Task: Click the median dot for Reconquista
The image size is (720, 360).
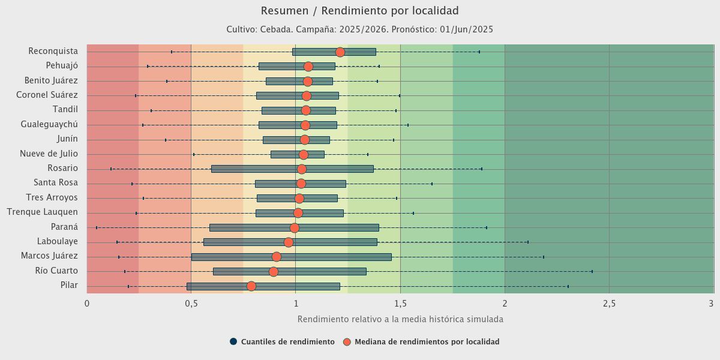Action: pos(340,52)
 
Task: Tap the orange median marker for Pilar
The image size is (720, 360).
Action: pos(251,286)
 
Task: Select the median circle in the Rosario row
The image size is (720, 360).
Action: pos(302,169)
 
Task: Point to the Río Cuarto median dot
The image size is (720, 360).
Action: pos(274,271)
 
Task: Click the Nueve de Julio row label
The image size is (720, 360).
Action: pos(49,154)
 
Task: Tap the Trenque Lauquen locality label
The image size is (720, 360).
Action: pos(42,212)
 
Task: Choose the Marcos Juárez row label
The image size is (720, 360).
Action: pos(49,256)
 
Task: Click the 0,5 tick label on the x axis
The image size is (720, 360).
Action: pos(191,304)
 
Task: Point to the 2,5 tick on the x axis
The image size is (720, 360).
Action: pos(609,304)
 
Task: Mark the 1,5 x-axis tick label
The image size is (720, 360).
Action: pos(400,304)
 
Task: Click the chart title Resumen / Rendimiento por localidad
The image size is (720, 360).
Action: pos(360,11)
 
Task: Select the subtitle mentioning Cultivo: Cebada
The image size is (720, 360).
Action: pos(360,29)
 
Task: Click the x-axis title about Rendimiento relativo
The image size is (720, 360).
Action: pos(400,319)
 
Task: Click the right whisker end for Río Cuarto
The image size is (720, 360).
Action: pos(592,271)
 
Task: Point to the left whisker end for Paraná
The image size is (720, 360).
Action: pos(96,227)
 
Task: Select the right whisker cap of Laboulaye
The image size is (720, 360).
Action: pos(528,242)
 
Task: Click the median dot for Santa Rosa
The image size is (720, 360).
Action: pos(301,184)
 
